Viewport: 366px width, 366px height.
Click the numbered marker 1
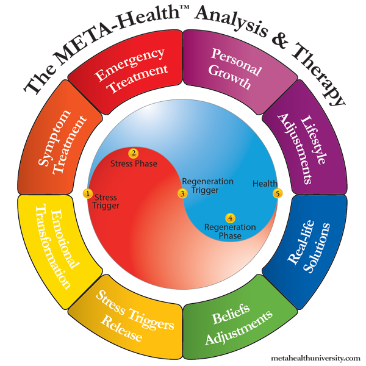88,193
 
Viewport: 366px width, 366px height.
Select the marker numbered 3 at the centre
182,193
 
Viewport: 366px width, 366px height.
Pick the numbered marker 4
230,218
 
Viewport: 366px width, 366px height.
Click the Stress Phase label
133,164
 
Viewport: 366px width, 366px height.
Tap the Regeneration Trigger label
207,186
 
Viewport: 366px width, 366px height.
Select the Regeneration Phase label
223,231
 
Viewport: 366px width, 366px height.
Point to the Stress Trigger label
106,201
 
